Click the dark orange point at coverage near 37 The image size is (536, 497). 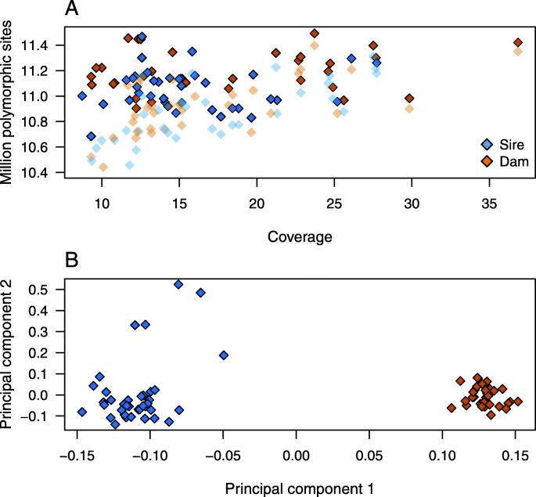coord(517,42)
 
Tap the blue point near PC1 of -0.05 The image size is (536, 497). coord(224,355)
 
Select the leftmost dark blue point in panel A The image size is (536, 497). coord(82,95)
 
